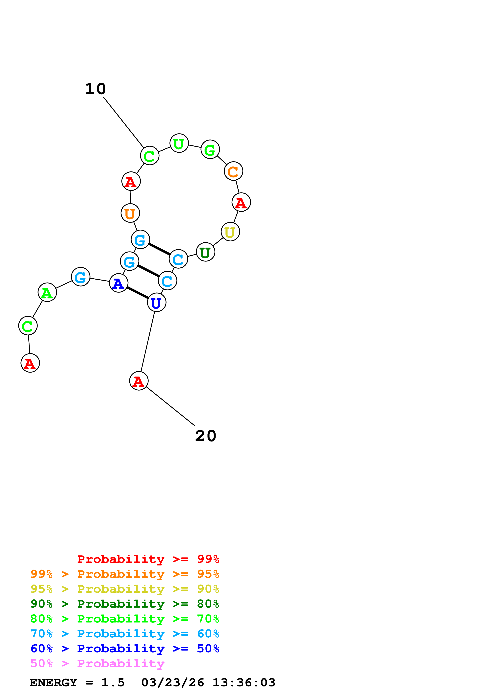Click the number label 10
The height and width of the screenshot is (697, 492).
coord(95,89)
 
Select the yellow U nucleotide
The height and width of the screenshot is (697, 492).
coord(230,232)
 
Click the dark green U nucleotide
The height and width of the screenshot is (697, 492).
coord(206,252)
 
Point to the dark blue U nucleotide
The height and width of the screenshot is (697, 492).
coord(156,302)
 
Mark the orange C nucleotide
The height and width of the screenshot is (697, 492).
coord(233,171)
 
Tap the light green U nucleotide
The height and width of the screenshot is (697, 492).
coord(179,143)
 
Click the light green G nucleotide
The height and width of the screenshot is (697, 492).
coord(210,149)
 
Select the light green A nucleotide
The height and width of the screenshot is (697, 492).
coord(47,292)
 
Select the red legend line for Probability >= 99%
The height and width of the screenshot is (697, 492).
coord(148,559)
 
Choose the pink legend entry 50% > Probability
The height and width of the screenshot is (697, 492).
coord(97,663)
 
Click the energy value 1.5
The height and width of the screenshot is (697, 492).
coord(113,682)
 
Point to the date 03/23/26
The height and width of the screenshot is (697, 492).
coord(172,682)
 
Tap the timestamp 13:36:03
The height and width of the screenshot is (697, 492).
coord(244,682)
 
